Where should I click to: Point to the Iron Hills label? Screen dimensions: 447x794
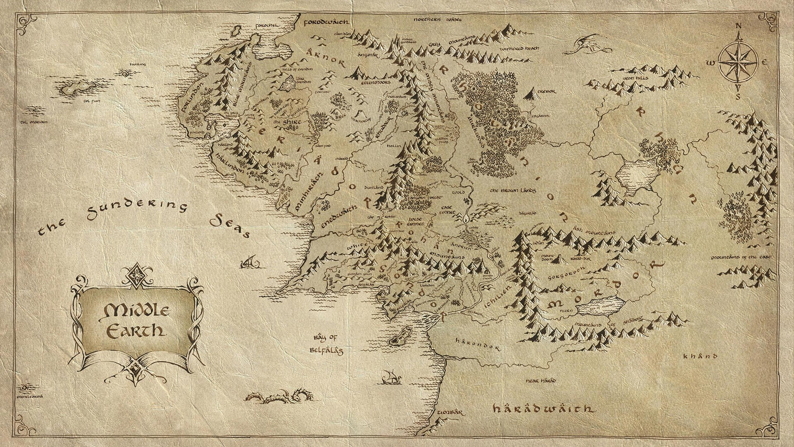pos(636,77)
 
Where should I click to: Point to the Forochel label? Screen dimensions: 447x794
pos(268,25)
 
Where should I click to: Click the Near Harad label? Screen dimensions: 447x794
pos(540,380)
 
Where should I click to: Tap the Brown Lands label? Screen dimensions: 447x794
pos(513,191)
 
